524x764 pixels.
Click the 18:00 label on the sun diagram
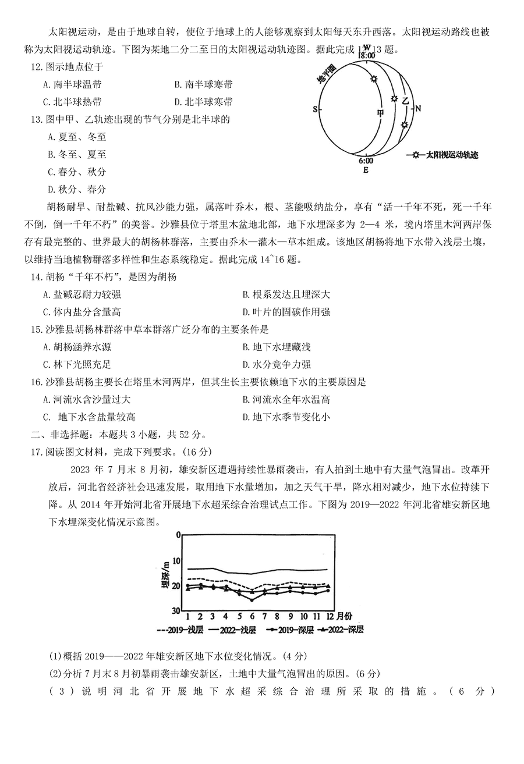(366, 56)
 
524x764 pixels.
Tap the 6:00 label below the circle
(366, 161)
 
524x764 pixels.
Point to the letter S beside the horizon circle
(315, 109)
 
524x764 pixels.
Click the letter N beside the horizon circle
(418, 108)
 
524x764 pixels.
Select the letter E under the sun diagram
(366, 170)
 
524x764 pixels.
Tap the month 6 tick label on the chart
(252, 616)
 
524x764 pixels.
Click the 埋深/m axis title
(165, 576)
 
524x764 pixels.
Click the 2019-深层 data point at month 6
(252, 599)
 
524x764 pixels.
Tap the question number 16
(37, 382)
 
